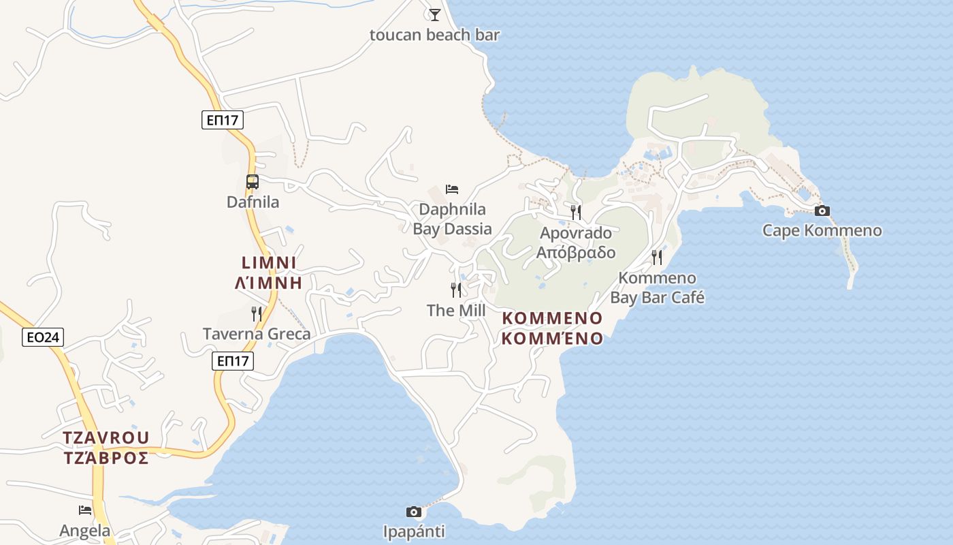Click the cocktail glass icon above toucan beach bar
click(435, 14)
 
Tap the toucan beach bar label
click(435, 35)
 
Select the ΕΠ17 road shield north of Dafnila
click(223, 120)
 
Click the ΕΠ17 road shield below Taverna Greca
click(233, 360)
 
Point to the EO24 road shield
click(43, 337)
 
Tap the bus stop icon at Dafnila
click(253, 182)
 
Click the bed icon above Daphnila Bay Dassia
click(452, 189)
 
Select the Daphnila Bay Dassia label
click(452, 219)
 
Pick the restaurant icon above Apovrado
click(576, 212)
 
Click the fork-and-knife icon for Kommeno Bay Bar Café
click(657, 257)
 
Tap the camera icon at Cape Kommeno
click(822, 211)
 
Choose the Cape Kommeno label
click(822, 230)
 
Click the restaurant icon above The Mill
click(456, 290)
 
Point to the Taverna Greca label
click(257, 334)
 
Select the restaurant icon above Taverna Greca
click(257, 314)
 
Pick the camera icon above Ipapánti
click(413, 512)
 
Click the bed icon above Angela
click(85, 510)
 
